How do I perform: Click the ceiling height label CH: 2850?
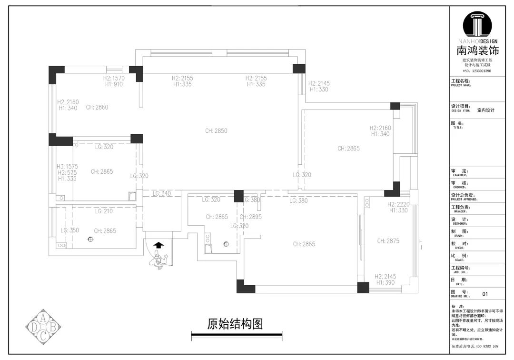217,131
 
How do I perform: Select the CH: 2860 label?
97,108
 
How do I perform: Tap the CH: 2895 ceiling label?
251,217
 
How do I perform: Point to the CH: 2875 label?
388,241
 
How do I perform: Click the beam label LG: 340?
162,194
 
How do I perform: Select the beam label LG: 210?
104,211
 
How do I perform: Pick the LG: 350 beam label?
70,230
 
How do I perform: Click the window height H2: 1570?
114,78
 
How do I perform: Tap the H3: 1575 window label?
67,167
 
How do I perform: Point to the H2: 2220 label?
398,204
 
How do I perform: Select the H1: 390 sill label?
386,283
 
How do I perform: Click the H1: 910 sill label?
114,84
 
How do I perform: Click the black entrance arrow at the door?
158,245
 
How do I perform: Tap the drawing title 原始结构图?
235,324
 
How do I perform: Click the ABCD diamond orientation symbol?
43,326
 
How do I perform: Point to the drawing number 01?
485,294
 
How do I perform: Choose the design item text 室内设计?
486,110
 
